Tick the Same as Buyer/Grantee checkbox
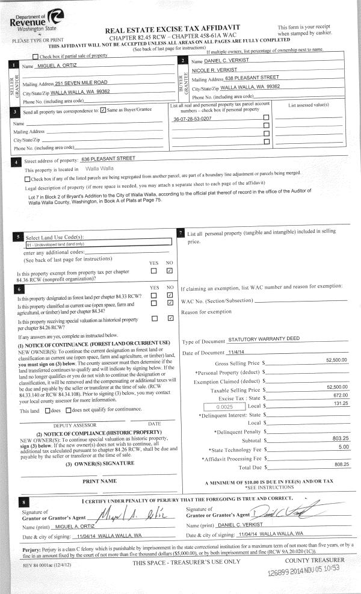[x=103, y=110]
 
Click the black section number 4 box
[x=14, y=162]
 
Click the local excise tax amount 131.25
[x=339, y=405]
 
